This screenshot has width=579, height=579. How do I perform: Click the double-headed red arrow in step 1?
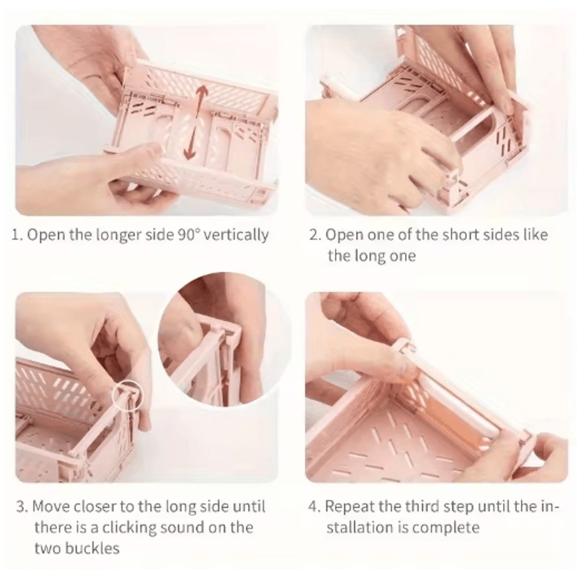click(195, 122)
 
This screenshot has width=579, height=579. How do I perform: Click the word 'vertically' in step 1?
click(236, 235)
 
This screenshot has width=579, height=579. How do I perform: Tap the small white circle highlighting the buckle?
click(127, 396)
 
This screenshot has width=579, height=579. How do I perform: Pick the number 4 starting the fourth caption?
click(314, 507)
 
